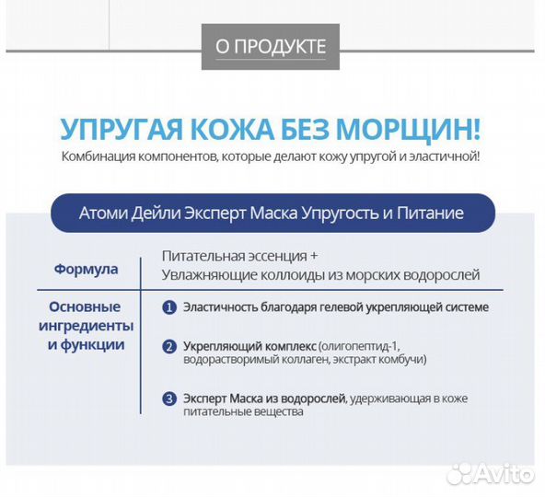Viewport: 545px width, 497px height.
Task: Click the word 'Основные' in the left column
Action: [x=86, y=307]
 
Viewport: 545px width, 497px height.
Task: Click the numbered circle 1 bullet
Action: [x=169, y=307]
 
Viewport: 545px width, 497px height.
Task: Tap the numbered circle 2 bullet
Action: [x=169, y=347]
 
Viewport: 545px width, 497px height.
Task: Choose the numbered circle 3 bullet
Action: [x=169, y=399]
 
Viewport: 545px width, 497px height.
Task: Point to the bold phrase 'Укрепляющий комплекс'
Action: [x=249, y=345]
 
